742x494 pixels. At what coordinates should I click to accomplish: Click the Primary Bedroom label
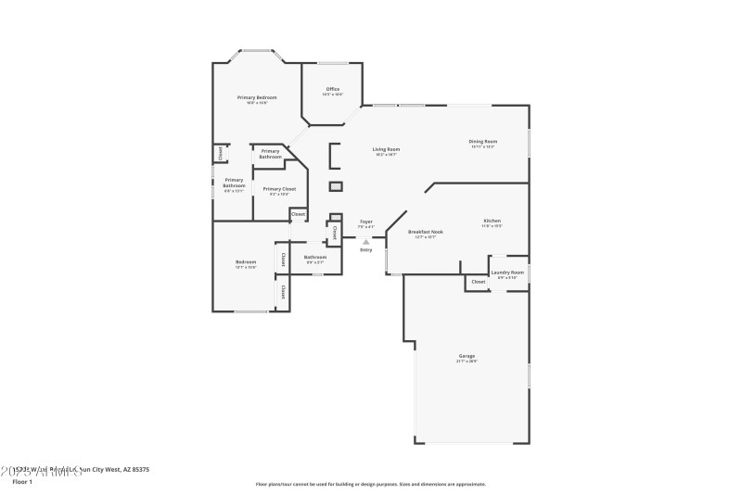click(256, 97)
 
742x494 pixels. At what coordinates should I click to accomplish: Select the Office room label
click(332, 89)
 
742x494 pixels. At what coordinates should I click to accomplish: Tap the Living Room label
click(385, 149)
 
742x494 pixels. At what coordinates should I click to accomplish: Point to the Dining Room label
click(482, 141)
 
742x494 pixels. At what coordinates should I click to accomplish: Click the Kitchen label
click(492, 221)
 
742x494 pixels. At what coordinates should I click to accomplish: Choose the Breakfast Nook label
click(425, 232)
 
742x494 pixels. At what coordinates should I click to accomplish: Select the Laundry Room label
click(507, 272)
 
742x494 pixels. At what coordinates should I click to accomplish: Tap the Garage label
click(467, 356)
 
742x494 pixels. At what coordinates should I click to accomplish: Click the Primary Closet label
click(279, 189)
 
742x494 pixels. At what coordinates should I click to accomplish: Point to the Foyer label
click(365, 222)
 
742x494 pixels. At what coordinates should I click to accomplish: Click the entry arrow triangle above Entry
click(365, 242)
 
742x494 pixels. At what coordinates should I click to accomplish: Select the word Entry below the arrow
click(365, 250)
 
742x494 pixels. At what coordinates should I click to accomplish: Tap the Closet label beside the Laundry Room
click(478, 282)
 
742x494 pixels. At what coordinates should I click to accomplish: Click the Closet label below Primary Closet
click(298, 214)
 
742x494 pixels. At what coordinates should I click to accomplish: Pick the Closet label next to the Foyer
click(334, 231)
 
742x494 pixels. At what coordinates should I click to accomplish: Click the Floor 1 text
click(22, 482)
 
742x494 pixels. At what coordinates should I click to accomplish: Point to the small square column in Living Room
click(336, 186)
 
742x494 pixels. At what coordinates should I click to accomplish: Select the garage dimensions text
click(467, 361)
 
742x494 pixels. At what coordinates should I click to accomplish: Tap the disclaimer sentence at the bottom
click(371, 484)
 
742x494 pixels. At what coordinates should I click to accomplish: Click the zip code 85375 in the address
click(139, 470)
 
